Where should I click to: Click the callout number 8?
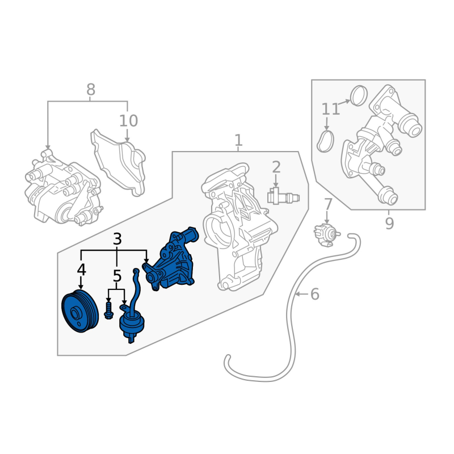(91, 90)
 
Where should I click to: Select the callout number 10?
(129, 121)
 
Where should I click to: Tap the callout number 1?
(238, 140)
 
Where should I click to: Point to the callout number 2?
(276, 167)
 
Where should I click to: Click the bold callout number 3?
(117, 239)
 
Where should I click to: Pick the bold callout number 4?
(81, 270)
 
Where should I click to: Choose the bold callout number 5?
(117, 276)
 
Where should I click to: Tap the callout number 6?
(315, 294)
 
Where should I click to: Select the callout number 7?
(328, 204)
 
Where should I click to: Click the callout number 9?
(389, 223)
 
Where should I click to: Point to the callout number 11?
(331, 109)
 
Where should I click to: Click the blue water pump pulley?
(80, 311)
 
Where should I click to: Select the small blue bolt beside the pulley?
(108, 310)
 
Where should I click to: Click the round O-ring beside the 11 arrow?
(359, 96)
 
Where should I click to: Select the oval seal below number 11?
(325, 141)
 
